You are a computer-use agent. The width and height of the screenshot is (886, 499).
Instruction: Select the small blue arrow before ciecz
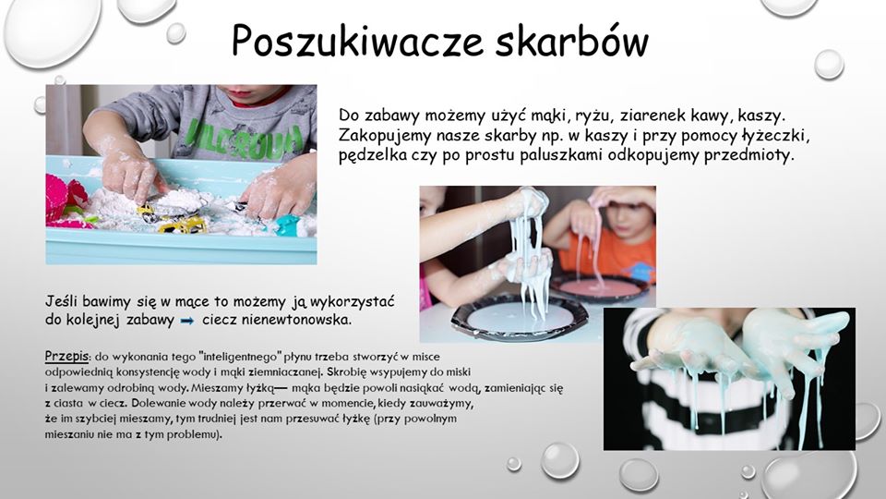tap(186, 321)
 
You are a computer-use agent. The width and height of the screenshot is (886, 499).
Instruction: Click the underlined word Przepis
tap(66, 356)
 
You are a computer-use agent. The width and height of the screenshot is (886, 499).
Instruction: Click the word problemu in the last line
tap(193, 435)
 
